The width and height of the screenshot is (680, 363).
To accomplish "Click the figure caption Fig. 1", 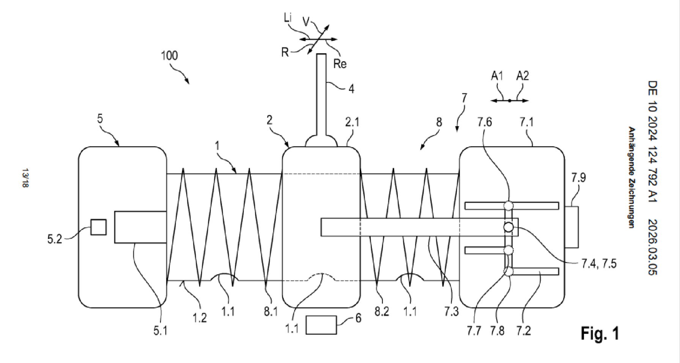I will click(600, 333).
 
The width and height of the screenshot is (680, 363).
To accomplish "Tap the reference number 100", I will click(169, 56).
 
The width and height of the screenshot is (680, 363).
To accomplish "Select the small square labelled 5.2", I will click(98, 227).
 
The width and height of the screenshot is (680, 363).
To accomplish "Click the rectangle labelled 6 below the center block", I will click(321, 325).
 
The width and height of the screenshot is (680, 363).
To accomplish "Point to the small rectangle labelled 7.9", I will click(571, 227).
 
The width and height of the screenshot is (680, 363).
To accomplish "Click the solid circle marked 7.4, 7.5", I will click(508, 227).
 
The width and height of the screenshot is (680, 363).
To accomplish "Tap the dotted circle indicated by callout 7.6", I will click(508, 205).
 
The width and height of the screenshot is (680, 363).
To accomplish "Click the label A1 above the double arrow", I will click(497, 76).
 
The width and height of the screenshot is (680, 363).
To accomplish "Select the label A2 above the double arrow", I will click(522, 76).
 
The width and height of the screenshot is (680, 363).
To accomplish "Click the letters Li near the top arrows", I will click(288, 18).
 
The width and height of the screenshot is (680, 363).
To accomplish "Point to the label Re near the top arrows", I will click(340, 64).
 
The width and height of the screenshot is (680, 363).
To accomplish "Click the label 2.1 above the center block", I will click(352, 122).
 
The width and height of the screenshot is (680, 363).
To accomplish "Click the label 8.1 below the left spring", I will click(271, 312).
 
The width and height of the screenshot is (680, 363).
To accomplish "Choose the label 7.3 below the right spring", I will click(451, 312).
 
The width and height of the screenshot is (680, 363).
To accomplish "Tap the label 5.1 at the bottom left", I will click(160, 331).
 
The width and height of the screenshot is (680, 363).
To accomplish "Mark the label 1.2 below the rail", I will click(200, 318).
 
